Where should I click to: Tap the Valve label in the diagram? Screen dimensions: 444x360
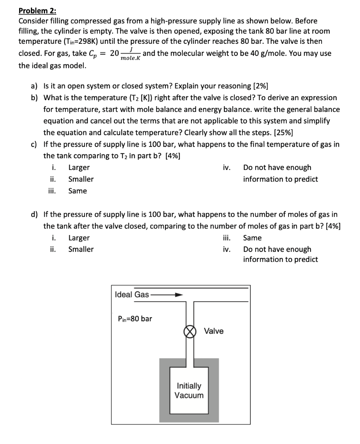pyautogui.click(x=214, y=331)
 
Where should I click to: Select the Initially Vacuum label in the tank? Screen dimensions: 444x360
pyautogui.click(x=189, y=390)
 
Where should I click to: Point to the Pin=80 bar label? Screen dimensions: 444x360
pyautogui.click(x=135, y=319)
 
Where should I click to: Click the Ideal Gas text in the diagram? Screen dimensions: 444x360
pyautogui.click(x=132, y=295)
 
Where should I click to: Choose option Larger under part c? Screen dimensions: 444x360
pyautogui.click(x=79, y=167)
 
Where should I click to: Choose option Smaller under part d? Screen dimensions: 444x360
pyautogui.click(x=81, y=249)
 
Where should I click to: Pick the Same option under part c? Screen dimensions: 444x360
pyautogui.click(x=78, y=191)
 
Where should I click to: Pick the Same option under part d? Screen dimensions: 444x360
pyautogui.click(x=252, y=238)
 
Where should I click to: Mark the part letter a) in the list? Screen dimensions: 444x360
pyautogui.click(x=34, y=86)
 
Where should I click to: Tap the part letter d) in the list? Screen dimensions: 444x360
pyautogui.click(x=34, y=214)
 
